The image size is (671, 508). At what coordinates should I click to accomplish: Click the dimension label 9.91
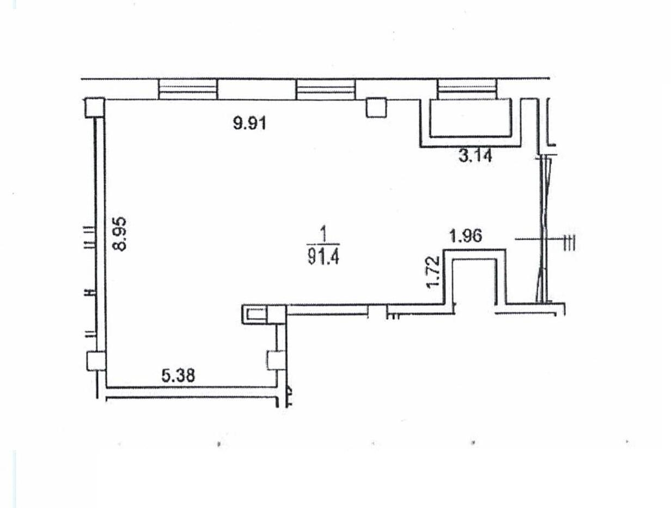pyautogui.click(x=250, y=123)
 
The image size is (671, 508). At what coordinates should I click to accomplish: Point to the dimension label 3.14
pyautogui.click(x=475, y=156)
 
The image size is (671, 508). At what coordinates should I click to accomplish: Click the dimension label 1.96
pyautogui.click(x=466, y=236)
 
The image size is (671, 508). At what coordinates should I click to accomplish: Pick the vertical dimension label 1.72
pyautogui.click(x=434, y=272)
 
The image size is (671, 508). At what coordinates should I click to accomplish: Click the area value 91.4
pyautogui.click(x=324, y=258)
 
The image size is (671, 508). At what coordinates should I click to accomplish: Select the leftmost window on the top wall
pyautogui.click(x=188, y=89)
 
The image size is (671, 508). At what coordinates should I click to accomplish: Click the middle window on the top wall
pyautogui.click(x=326, y=89)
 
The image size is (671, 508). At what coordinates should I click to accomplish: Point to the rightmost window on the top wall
pyautogui.click(x=467, y=89)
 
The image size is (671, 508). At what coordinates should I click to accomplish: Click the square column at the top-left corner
pyautogui.click(x=95, y=108)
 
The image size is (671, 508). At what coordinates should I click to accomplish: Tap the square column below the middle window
pyautogui.click(x=376, y=107)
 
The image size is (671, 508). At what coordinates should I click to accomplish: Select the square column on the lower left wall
pyautogui.click(x=96, y=361)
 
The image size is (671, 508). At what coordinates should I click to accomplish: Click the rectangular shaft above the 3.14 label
pyautogui.click(x=471, y=118)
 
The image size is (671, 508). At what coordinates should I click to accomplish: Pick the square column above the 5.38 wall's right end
pyautogui.click(x=276, y=360)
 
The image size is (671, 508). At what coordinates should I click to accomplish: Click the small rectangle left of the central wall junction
pyautogui.click(x=256, y=314)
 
